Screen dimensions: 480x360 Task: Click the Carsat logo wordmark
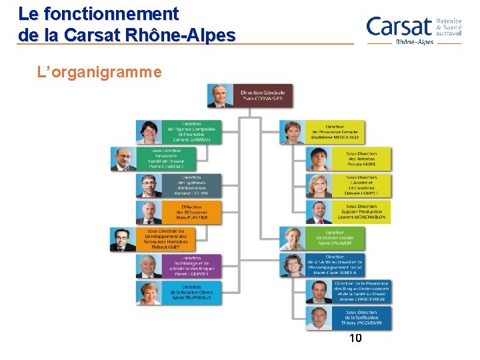coord(399,27)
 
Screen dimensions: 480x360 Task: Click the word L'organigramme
coord(100,71)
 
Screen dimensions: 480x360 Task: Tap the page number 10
coord(355,339)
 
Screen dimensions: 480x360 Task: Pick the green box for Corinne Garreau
coord(190,132)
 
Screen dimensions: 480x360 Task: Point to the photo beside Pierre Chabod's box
coord(123,159)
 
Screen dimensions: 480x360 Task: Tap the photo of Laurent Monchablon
coord(319,212)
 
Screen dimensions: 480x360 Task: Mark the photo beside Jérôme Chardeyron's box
coord(319,291)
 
